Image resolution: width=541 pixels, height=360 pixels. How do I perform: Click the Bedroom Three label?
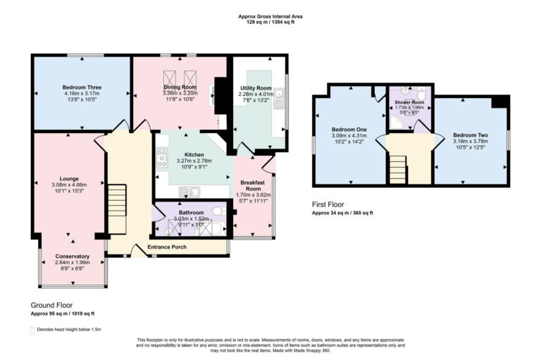pyautogui.click(x=82, y=87)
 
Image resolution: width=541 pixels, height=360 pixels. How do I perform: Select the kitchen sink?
pyautogui.click(x=189, y=191)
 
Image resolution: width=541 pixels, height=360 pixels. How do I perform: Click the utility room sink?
pyautogui.click(x=280, y=106)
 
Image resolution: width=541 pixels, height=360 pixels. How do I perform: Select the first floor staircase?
pyautogui.click(x=398, y=170)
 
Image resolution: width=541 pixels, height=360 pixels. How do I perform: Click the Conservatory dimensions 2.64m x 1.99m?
pyautogui.click(x=73, y=263)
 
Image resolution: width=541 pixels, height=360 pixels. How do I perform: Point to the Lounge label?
pyautogui.click(x=68, y=179)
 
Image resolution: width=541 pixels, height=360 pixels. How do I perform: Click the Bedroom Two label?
pyautogui.click(x=469, y=135)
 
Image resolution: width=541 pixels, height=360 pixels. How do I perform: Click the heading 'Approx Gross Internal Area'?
pyautogui.click(x=270, y=16)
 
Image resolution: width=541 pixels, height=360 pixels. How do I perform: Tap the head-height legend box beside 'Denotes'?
pyautogui.click(x=32, y=330)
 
